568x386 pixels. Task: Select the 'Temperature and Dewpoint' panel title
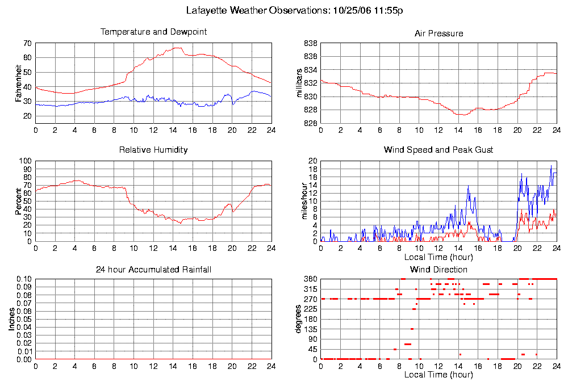[x=153, y=32]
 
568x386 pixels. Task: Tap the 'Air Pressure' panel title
[x=438, y=33]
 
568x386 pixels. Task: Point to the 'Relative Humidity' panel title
[x=153, y=150]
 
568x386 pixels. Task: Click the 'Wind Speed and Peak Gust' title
[x=438, y=150]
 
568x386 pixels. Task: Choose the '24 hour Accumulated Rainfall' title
[x=153, y=269]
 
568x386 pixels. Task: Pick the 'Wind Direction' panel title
[x=438, y=269]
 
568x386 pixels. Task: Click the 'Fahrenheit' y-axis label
[x=18, y=84]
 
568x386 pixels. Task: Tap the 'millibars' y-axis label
[x=301, y=83]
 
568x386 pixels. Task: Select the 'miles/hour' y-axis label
[x=301, y=201]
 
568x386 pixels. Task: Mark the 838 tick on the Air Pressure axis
[x=310, y=44]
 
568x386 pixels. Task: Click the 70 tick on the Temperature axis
[x=27, y=44]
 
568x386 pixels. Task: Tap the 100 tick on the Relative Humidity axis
[x=26, y=161]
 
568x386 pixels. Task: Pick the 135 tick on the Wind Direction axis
[x=310, y=329]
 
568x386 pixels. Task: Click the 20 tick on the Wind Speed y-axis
[x=312, y=161]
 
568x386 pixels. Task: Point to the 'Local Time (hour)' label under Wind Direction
[x=438, y=375]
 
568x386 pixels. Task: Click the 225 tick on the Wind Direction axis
[x=310, y=309]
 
